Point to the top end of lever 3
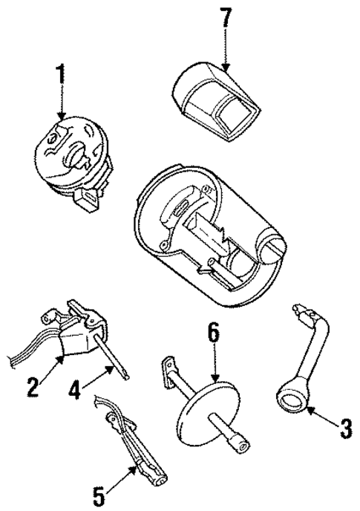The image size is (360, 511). (x=302, y=309)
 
